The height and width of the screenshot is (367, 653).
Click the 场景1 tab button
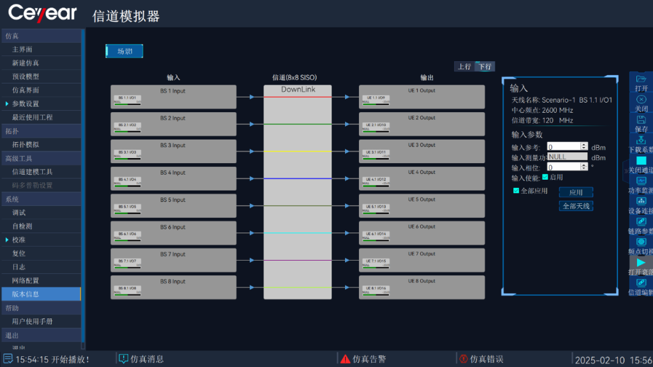point(124,51)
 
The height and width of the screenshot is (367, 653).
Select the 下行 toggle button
point(485,66)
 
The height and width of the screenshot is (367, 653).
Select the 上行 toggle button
point(464,66)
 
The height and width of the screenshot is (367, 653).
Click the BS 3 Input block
point(173,151)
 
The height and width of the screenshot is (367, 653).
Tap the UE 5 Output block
point(422,205)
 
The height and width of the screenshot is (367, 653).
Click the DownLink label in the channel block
point(298,90)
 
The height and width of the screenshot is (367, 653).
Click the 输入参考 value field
point(564,147)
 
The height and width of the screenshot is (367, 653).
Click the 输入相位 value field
point(564,167)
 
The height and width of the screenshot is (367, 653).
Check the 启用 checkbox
point(545,177)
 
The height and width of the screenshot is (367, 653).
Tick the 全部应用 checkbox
point(517,191)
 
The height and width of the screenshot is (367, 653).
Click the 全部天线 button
point(576,206)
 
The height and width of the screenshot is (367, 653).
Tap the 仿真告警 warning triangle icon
point(345,359)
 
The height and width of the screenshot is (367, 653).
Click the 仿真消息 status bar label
point(147,359)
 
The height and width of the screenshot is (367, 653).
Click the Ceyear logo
point(42,13)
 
